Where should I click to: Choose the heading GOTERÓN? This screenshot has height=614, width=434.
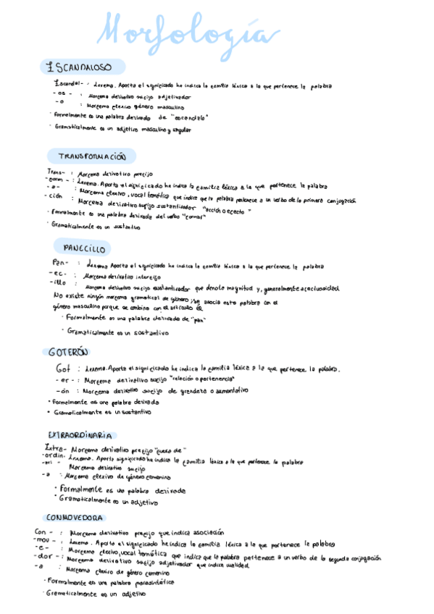coord(67,352)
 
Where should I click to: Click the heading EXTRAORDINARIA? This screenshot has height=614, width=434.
coord(79,435)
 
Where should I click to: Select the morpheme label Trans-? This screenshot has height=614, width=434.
coord(57,173)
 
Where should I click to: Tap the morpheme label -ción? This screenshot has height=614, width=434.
coord(54,196)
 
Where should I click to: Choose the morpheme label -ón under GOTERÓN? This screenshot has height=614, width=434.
coord(62,390)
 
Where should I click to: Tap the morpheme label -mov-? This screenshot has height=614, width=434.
coord(46,540)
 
